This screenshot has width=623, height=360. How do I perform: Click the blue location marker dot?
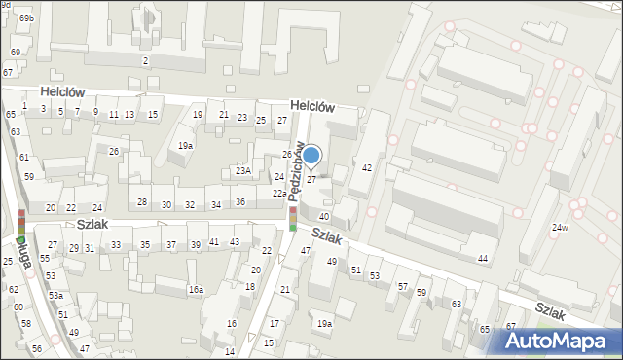click(311, 154)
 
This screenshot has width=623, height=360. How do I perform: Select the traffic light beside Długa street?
click(21, 223)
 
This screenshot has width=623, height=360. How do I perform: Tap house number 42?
click(367, 168)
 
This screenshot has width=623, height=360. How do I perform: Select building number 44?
click(482, 258)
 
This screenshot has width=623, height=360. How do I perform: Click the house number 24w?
click(559, 228)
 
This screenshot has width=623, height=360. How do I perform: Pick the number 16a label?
click(196, 289)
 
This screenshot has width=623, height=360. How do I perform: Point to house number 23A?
click(243, 170)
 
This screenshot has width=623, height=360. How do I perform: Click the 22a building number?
click(279, 193)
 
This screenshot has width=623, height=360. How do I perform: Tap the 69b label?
click(26, 18)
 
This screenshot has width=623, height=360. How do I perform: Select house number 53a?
click(56, 295)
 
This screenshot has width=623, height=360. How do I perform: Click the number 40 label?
click(324, 216)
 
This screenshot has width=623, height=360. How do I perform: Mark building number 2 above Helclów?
click(145, 61)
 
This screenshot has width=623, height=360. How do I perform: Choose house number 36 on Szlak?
click(240, 202)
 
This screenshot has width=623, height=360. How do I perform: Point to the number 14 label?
click(230, 351)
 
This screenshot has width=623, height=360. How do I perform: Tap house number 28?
click(142, 202)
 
